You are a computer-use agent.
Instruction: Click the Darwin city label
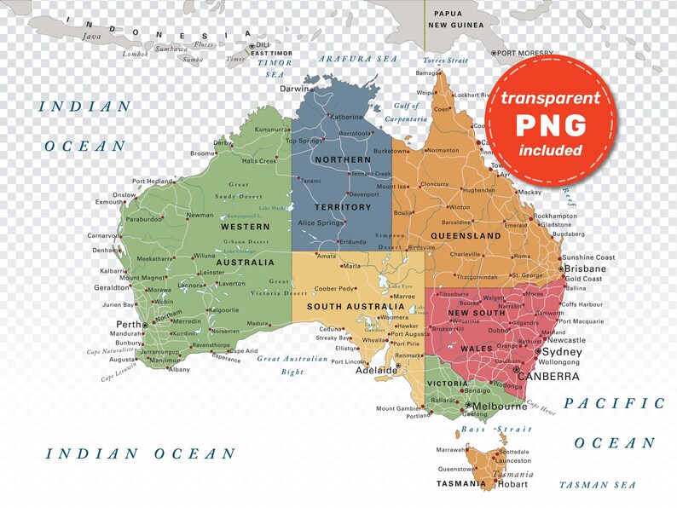(x=296, y=89)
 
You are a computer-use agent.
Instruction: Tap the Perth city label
(x=129, y=325)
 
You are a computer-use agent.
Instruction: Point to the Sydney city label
(x=562, y=352)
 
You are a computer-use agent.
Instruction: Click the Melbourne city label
(x=500, y=407)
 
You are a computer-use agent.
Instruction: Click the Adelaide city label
(x=376, y=371)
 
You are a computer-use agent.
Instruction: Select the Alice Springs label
(x=317, y=222)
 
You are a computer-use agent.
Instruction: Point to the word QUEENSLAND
(x=466, y=235)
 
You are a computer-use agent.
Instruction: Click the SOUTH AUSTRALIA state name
(x=356, y=306)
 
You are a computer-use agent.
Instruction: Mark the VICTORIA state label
(x=445, y=384)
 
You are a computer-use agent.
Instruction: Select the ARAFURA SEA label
(x=358, y=59)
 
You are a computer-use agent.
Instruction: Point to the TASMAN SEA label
(x=597, y=485)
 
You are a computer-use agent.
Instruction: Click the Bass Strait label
(x=483, y=429)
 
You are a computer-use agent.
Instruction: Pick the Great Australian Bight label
(x=292, y=365)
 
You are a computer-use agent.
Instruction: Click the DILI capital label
(x=263, y=45)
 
